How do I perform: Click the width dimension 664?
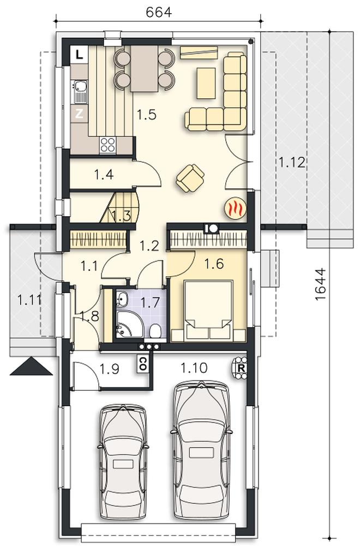(x=159, y=12)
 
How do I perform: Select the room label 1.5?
(x=146, y=115)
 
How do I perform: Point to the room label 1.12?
(x=292, y=162)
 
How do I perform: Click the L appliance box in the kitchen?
(x=80, y=55)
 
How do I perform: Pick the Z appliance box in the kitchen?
(x=80, y=114)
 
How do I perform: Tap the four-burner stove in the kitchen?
(x=107, y=145)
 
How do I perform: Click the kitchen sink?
(x=80, y=92)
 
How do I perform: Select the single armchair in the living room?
(x=190, y=178)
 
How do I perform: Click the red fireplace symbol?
(x=236, y=209)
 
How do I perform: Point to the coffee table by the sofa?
(x=206, y=83)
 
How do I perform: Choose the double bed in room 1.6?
(x=208, y=310)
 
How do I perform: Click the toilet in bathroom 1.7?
(x=155, y=331)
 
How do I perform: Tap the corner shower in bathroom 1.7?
(x=129, y=324)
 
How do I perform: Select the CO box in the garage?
(x=142, y=364)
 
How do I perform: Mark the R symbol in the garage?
(x=240, y=367)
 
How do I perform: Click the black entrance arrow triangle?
(x=32, y=366)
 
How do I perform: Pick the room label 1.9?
(x=110, y=368)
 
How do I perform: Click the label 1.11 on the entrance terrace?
(x=29, y=300)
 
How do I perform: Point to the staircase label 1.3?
(x=122, y=216)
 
